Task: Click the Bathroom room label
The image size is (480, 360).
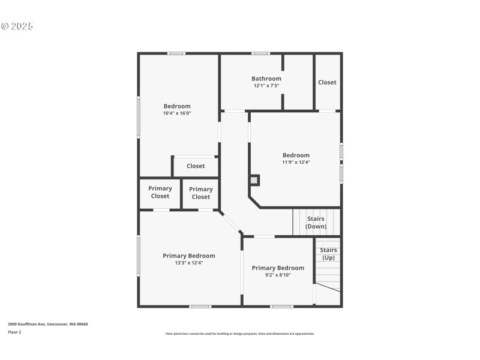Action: [266, 79]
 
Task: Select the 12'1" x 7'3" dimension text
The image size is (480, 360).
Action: [266, 86]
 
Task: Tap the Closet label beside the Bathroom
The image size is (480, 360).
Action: [327, 82]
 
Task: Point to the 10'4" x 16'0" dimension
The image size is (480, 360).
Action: [177, 113]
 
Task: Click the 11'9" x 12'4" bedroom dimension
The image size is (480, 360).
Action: [296, 162]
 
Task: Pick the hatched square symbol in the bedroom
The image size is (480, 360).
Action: [254, 179]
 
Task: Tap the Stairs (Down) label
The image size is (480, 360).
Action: [316, 223]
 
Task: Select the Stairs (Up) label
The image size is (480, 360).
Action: [328, 254]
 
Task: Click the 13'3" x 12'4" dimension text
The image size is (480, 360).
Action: [188, 263]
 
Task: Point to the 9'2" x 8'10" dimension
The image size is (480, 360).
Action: [278, 275]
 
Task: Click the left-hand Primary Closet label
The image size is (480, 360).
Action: [160, 192]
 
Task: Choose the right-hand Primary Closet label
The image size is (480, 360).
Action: [200, 193]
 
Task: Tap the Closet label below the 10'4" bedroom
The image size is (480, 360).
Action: [196, 166]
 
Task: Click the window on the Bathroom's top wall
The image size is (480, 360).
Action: [260, 53]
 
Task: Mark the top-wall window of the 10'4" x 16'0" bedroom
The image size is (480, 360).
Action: [176, 53]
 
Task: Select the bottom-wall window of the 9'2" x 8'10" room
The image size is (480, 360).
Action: [281, 307]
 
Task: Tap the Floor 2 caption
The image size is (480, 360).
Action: [14, 332]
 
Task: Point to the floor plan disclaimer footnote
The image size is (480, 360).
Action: [239, 334]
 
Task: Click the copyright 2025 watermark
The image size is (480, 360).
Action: [17, 26]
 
